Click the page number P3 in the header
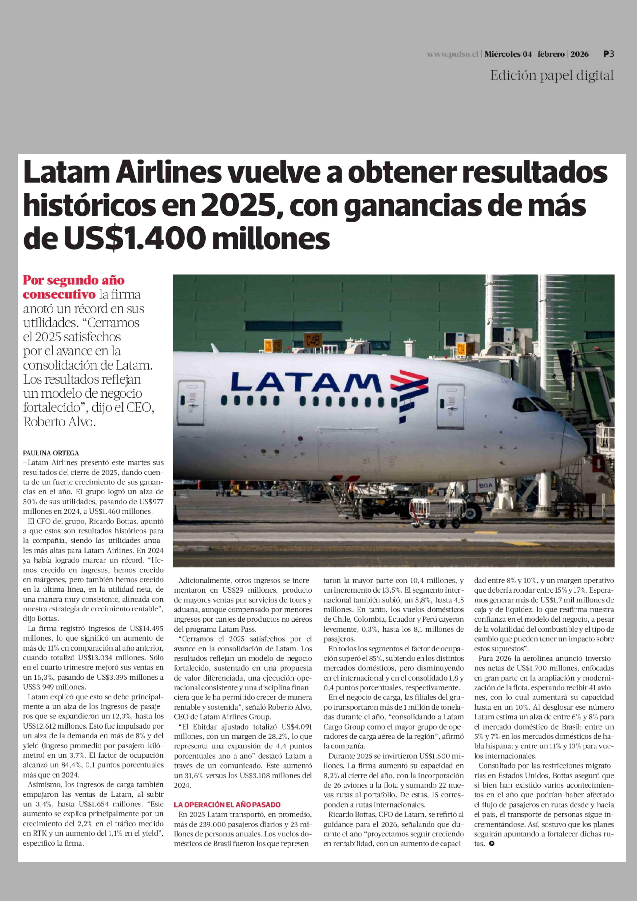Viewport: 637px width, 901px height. [x=608, y=54]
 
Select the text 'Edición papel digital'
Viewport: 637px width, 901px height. [x=552, y=75]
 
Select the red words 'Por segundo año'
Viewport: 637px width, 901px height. [x=74, y=281]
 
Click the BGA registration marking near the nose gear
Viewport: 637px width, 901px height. [x=485, y=485]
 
